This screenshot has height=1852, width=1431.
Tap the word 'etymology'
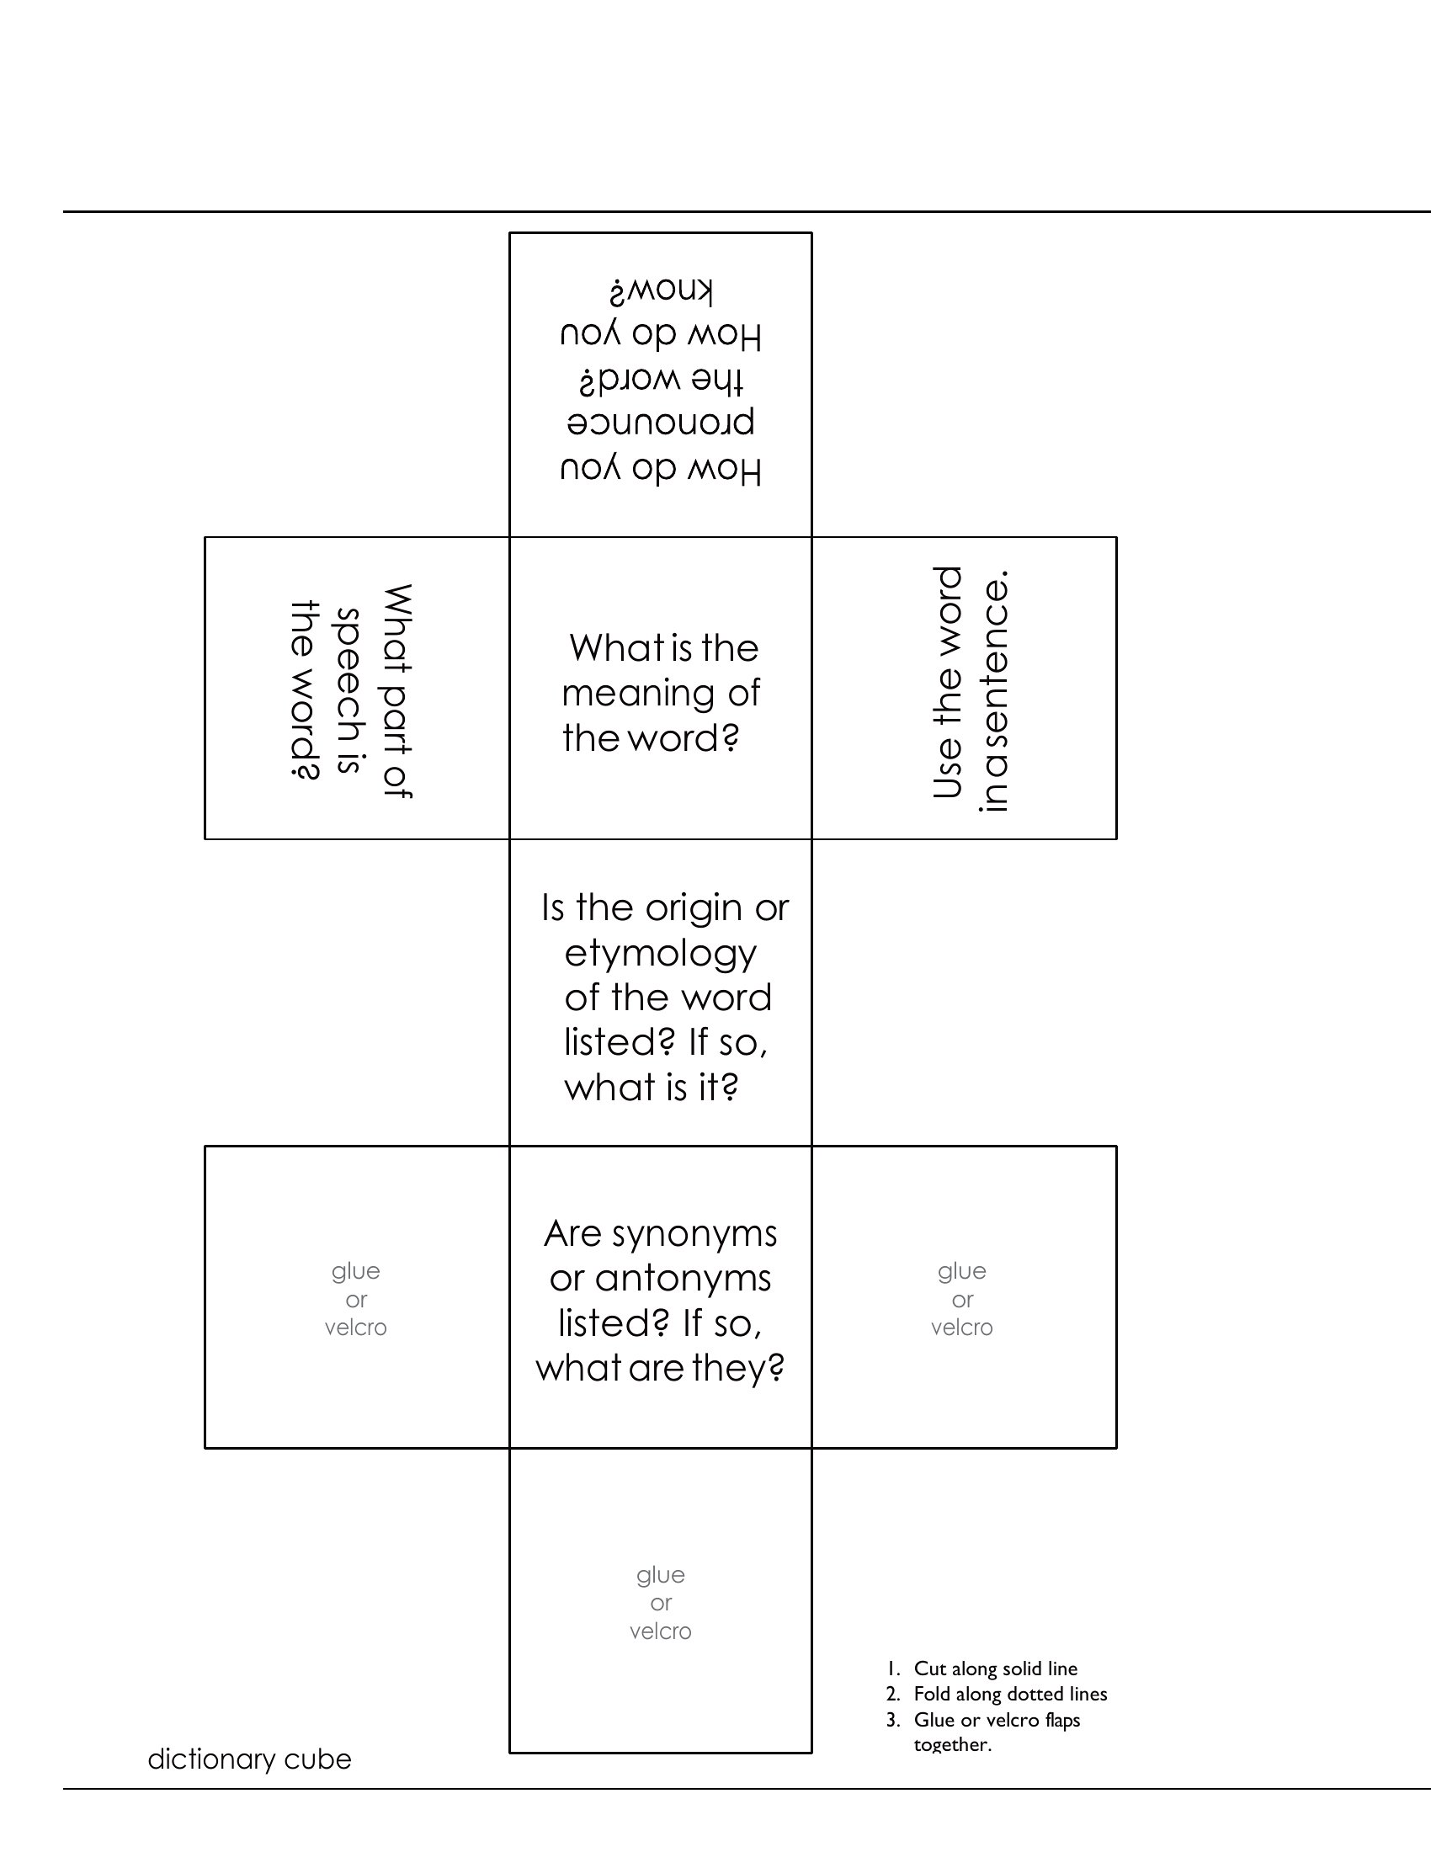(661, 955)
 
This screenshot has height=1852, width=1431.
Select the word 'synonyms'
(694, 1235)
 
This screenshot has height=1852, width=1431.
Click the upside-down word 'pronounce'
(661, 420)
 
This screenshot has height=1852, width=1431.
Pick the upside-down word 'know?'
(662, 291)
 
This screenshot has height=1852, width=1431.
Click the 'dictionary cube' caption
(249, 1759)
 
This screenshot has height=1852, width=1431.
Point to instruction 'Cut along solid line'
(995, 1668)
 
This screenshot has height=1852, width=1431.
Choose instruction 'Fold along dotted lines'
(1010, 1694)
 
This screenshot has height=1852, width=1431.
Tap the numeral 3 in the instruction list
(891, 1720)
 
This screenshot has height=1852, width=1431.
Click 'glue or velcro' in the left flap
(356, 1298)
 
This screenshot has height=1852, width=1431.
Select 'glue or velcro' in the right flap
(962, 1298)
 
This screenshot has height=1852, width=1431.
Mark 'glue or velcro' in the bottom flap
(661, 1603)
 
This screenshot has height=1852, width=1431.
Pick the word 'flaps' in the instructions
(1062, 1720)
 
